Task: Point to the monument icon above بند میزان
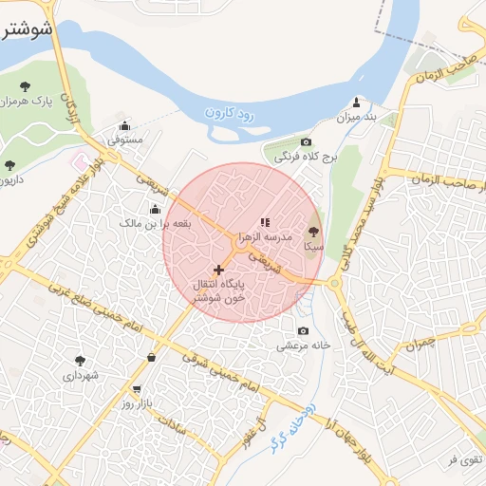click(x=356, y=102)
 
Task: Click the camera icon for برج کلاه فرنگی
click(x=280, y=141)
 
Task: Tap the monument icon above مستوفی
click(x=124, y=124)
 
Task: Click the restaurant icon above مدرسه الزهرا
click(x=264, y=221)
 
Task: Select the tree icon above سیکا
click(x=313, y=231)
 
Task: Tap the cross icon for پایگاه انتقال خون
click(x=219, y=270)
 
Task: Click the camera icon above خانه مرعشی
click(x=303, y=330)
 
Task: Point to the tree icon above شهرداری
click(x=80, y=361)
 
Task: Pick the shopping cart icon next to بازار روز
click(x=138, y=388)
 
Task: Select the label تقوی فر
click(x=464, y=460)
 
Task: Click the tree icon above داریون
click(x=10, y=165)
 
